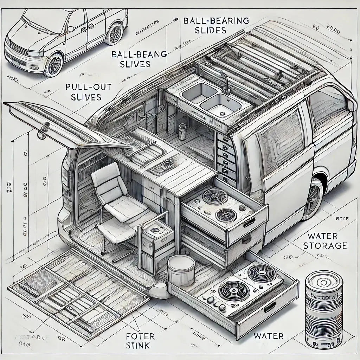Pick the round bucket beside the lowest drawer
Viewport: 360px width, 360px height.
181,270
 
